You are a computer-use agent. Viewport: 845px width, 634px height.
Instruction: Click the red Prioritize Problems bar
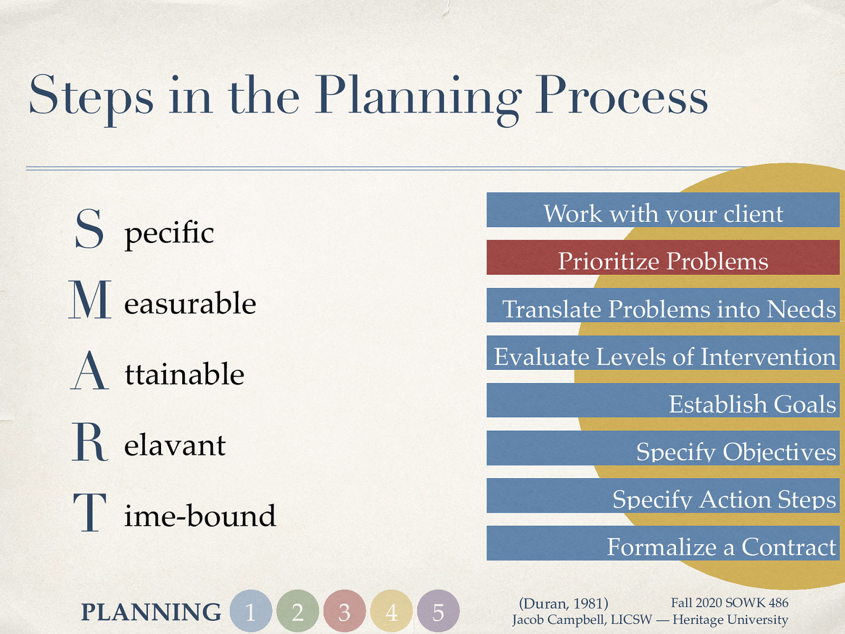[663, 257]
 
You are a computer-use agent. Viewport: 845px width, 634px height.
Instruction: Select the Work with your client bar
[663, 210]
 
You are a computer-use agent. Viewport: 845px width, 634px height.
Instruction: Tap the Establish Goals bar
[663, 400]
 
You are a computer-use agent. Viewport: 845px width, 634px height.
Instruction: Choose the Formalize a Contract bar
[663, 543]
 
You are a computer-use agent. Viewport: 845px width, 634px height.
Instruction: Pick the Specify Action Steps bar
[663, 496]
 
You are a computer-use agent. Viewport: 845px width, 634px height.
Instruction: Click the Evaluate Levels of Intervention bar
[663, 353]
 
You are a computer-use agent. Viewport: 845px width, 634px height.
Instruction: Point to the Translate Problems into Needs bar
[663, 305]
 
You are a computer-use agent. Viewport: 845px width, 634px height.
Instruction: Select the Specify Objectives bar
[663, 448]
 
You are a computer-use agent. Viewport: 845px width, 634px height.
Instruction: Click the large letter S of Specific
[89, 229]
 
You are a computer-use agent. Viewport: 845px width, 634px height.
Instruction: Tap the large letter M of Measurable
[90, 300]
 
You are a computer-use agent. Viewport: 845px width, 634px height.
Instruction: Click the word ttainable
[184, 374]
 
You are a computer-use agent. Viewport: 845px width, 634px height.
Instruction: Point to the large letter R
[89, 442]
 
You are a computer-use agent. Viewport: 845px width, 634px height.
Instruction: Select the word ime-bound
[200, 516]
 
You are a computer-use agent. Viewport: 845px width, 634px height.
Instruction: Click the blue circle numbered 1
[251, 611]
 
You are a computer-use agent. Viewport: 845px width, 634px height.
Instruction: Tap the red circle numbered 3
[344, 611]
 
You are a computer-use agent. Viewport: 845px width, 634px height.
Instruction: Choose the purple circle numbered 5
[438, 611]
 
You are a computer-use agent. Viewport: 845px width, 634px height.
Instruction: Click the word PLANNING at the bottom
[151, 612]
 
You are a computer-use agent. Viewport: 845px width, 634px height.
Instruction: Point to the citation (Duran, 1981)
[564, 603]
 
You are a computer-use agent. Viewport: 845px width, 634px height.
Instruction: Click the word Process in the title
[621, 96]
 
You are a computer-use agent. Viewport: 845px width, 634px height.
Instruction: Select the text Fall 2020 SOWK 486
[729, 602]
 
